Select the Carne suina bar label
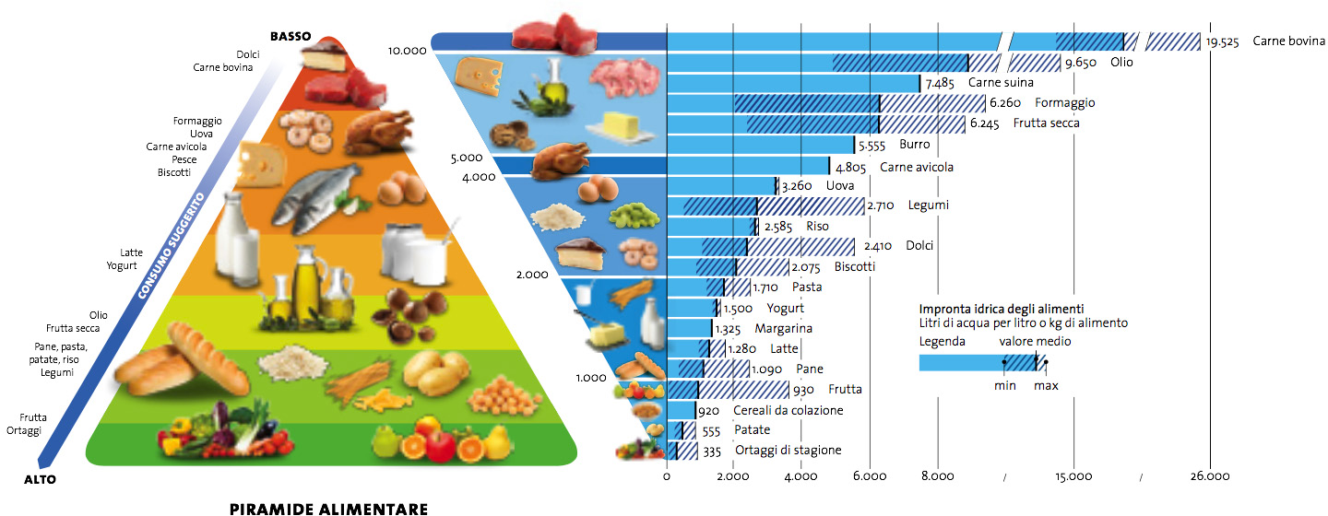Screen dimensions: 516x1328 1000,83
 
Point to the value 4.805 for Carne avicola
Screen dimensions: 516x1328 852,168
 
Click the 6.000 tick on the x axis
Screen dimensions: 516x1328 869,476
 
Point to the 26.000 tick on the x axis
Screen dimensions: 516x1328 1210,476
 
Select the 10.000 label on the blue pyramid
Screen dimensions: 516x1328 408,52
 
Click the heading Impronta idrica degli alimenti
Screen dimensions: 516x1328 1001,309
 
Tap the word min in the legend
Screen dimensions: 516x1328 1004,385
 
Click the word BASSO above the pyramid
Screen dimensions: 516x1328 290,36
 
